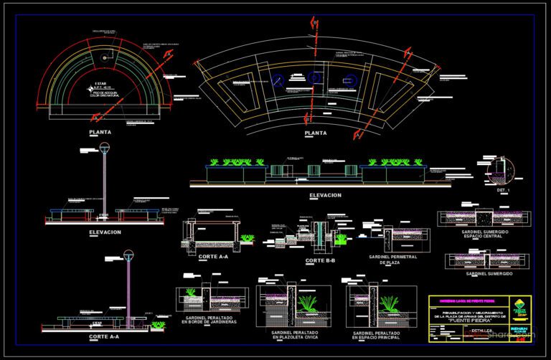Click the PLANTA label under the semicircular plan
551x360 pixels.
tap(100, 133)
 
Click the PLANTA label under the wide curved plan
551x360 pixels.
tap(316, 133)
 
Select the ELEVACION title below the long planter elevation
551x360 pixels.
tap(325, 195)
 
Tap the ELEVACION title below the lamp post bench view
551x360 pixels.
tap(105, 232)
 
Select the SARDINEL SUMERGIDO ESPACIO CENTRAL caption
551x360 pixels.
tap(485, 235)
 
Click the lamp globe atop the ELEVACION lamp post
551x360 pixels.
tap(105, 148)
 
